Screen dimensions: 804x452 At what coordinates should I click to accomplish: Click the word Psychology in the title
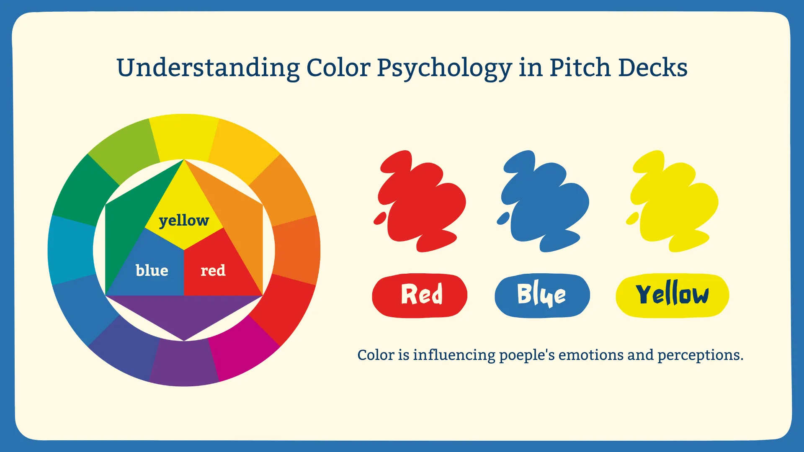444,68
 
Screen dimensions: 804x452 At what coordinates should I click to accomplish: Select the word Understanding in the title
208,68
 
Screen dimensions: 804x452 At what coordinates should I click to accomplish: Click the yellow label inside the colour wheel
184,221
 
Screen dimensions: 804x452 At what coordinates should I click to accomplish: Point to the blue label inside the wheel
152,270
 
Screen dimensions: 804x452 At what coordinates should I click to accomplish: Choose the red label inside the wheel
213,271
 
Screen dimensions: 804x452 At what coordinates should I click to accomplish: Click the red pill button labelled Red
420,295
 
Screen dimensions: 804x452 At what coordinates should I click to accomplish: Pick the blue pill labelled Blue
542,295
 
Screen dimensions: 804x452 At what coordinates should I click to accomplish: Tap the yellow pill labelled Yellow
673,295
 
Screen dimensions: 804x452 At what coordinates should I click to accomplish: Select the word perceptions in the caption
700,355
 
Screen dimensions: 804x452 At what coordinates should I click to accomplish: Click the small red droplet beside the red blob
380,218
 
